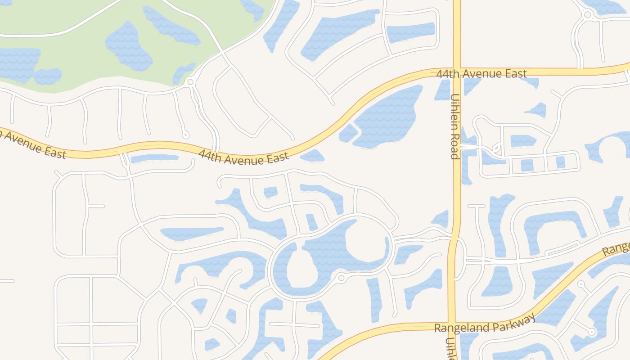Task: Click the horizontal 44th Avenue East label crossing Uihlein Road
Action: tap(481, 73)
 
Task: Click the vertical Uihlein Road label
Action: tap(454, 126)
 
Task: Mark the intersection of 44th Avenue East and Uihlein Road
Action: tap(456, 72)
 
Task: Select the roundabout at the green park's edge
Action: tap(190, 82)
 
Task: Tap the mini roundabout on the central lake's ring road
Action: tap(341, 278)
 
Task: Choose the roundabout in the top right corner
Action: tap(587, 15)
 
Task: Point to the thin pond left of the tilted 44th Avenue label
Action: tap(154, 158)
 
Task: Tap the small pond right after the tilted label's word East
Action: tap(312, 156)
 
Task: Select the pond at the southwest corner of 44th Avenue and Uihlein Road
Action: tap(442, 90)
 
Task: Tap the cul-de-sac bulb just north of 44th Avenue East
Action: tap(185, 135)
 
